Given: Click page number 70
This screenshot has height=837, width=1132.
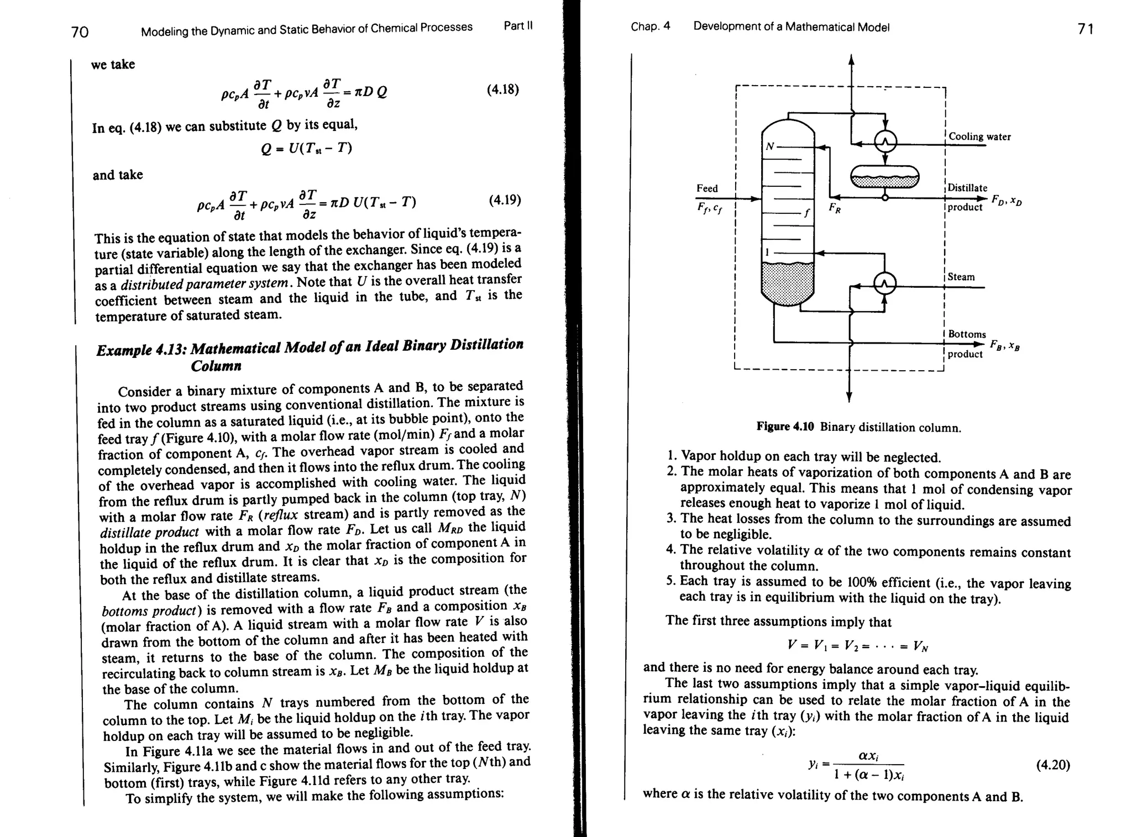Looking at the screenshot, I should point(80,32).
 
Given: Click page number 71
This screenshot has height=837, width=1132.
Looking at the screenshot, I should point(1086,29).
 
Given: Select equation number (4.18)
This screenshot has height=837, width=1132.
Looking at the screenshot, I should point(502,90).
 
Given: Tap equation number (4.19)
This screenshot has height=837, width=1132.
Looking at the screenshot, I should point(505,199).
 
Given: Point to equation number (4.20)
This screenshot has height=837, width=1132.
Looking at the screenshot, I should point(1052,765).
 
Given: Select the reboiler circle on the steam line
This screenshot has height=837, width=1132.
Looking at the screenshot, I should point(884,285).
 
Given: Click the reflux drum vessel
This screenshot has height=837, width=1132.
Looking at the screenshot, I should point(884,177).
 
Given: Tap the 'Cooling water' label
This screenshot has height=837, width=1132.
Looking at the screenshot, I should point(979,136).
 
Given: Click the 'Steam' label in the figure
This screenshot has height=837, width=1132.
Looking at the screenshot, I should point(961,277).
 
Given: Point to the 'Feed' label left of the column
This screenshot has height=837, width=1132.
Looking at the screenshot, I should point(707,188).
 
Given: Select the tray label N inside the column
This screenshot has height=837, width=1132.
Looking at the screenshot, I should point(769,146).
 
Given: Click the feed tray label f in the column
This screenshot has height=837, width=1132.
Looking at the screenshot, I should point(806,213).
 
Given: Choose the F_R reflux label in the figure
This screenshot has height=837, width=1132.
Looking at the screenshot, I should point(835,208).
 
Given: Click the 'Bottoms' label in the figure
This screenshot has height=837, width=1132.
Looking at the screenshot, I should point(967,334).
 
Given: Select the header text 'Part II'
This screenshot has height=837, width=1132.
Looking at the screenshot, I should point(518,26).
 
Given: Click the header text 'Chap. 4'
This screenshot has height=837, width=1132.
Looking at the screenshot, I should point(650,27).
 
